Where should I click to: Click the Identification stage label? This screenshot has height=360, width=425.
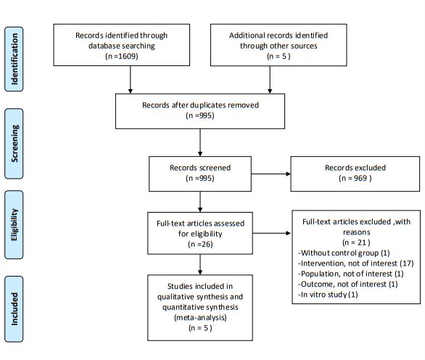14,59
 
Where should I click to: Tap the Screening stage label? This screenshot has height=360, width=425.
14,144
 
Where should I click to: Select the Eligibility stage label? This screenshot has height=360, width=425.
14,224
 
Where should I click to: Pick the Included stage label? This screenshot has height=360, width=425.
14,308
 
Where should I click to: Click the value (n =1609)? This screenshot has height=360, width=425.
122,56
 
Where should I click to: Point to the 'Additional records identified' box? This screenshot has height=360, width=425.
278,45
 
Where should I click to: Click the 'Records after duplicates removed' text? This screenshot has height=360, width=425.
200,105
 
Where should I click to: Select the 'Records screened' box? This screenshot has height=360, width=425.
200,174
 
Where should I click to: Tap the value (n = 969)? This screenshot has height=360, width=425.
355,179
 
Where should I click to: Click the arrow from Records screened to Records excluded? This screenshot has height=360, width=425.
271,174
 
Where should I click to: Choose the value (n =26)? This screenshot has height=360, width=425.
200,244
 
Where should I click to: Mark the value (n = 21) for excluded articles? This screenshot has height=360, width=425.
356,242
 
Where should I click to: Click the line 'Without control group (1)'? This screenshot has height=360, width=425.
344,253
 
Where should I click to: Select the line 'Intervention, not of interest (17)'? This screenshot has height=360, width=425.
356,263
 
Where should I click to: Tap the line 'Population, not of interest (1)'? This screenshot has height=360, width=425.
351,274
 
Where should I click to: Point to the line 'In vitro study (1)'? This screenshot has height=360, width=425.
328,295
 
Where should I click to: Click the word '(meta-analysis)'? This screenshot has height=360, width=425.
200,317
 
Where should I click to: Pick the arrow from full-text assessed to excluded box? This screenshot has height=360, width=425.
271,233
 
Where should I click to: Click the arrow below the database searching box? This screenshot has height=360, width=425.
131,80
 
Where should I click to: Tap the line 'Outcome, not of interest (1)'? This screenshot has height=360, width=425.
347,284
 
